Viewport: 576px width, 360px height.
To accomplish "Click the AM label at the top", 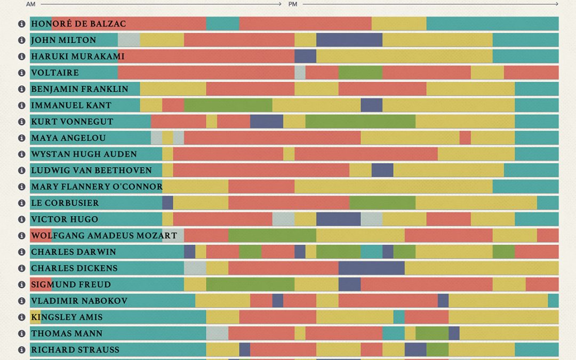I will (x=30, y=4).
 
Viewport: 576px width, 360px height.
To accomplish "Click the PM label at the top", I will (x=292, y=4).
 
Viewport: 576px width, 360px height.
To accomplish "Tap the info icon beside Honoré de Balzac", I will (x=22, y=23).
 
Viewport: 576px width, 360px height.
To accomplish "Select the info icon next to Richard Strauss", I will (x=22, y=350).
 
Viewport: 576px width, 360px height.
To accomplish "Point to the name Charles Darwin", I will (x=74, y=252).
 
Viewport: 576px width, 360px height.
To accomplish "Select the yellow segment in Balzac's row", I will (x=398, y=23).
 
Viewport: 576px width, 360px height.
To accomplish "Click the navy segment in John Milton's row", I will (x=349, y=40).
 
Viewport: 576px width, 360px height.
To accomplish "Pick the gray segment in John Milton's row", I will (x=129, y=40).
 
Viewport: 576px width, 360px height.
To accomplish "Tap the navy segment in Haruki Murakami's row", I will (x=305, y=56).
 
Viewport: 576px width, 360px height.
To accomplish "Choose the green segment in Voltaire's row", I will (x=360, y=73).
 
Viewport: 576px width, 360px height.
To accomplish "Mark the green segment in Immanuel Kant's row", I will (x=228, y=105).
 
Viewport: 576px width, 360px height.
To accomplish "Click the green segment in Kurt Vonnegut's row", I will (x=360, y=122).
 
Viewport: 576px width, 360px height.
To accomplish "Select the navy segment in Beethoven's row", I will (x=382, y=170).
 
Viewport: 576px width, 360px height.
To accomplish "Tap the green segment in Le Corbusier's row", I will (x=382, y=203).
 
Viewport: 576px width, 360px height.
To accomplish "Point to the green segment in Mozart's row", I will (x=272, y=236).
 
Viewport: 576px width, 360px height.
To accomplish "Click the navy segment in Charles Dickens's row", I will (x=371, y=268).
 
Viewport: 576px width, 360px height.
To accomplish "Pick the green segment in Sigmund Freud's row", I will (x=250, y=284).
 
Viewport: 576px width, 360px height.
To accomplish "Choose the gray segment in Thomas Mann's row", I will (x=217, y=333).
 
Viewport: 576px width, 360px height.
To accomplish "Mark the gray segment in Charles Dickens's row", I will (x=195, y=268).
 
